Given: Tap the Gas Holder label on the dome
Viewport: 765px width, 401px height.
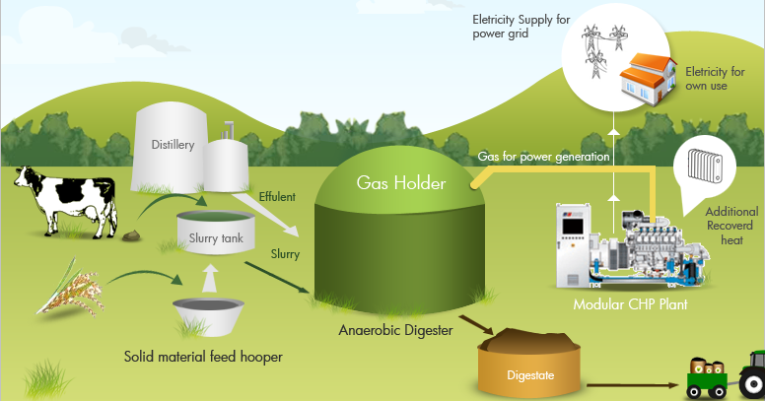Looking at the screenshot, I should coord(401,183).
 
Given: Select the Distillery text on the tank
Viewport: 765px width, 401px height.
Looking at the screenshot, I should coord(173,145).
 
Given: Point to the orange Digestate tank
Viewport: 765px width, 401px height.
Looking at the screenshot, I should coord(529,368).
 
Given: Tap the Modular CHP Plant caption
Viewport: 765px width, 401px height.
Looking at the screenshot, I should coord(630,304).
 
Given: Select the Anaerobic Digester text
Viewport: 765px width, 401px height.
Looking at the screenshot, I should coord(395,330).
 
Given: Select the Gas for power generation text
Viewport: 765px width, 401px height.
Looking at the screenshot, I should coord(543,156).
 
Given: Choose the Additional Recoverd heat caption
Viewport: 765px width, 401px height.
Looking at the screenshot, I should coord(730,226).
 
